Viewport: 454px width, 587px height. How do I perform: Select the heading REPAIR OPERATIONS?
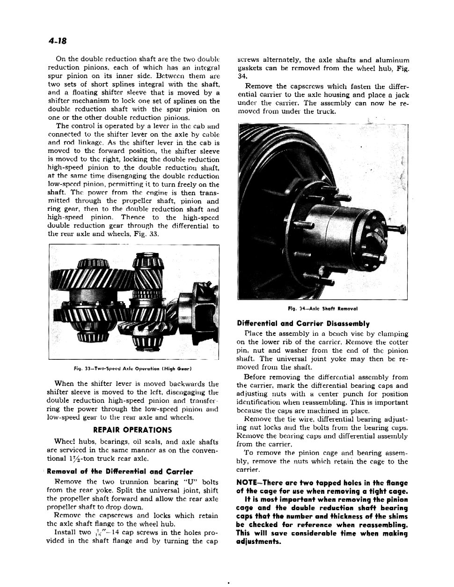pyautogui.click(x=132, y=430)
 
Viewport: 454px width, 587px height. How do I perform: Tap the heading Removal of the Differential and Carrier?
pyautogui.click(x=120, y=471)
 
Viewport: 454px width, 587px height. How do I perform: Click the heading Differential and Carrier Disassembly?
pyautogui.click(x=303, y=323)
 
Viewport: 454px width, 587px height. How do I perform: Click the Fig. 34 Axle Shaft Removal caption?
pyautogui.click(x=323, y=308)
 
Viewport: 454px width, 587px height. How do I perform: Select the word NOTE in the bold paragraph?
pyautogui.click(x=248, y=483)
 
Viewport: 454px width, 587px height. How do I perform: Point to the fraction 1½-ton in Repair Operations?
pyautogui.click(x=76, y=458)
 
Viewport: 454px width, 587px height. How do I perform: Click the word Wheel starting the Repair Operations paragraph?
pyautogui.click(x=65, y=441)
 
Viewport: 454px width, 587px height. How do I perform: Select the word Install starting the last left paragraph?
pyautogui.click(x=66, y=532)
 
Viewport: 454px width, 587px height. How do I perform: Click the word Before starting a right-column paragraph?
pyautogui.click(x=255, y=377)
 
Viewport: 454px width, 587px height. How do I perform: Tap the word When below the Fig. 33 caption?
pyautogui.click(x=65, y=383)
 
